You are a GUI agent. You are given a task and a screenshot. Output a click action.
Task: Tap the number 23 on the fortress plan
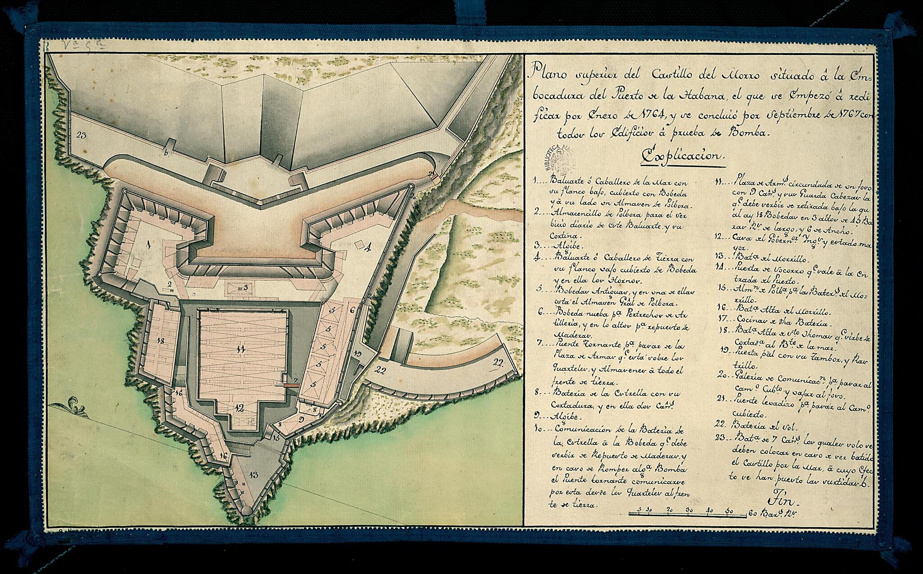(82, 134)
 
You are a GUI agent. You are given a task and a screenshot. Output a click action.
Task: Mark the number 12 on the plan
(239, 409)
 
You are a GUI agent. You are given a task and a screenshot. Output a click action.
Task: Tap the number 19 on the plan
(357, 353)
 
